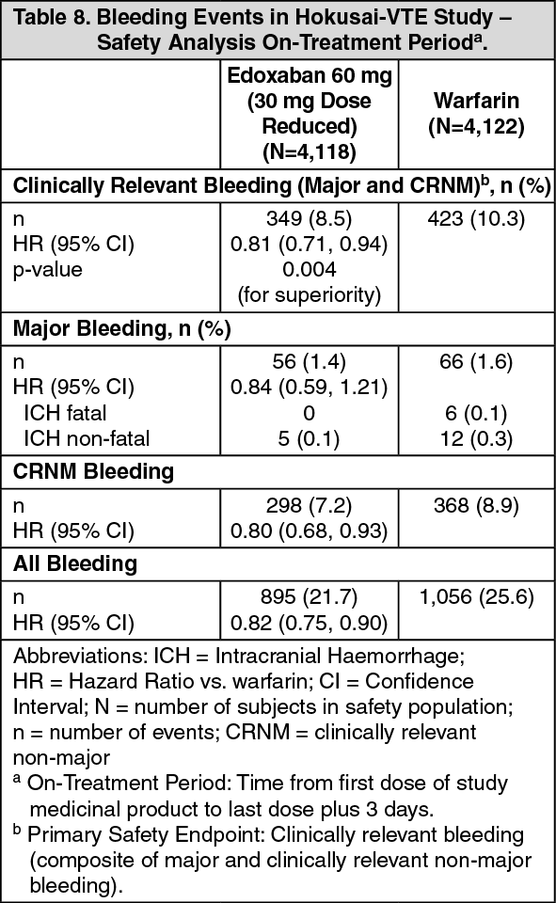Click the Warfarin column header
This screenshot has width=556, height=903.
click(x=476, y=113)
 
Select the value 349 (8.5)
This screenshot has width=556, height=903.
click(x=309, y=219)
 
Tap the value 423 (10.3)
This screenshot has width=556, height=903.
click(x=476, y=219)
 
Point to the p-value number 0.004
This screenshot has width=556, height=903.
click(x=309, y=269)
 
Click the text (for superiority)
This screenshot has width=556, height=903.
click(x=309, y=294)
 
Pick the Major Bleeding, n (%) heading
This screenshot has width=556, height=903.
click(x=121, y=329)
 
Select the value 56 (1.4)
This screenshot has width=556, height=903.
click(x=309, y=361)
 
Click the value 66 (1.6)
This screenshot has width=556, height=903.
click(x=476, y=361)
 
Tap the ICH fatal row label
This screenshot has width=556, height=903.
click(x=65, y=413)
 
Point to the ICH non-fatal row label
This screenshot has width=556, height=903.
click(x=87, y=439)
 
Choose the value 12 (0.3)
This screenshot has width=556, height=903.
click(x=476, y=439)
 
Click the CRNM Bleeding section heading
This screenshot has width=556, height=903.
click(x=93, y=471)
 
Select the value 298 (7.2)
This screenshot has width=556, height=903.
click(x=309, y=506)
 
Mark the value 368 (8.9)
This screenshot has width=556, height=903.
click(x=476, y=506)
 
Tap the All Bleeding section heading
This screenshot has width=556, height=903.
click(x=75, y=563)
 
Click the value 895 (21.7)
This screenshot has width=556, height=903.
click(x=309, y=597)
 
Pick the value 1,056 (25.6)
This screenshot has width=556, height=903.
click(x=476, y=597)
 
